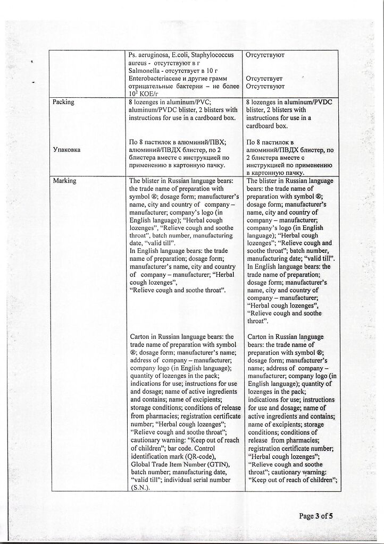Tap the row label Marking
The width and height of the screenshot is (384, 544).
click(64, 181)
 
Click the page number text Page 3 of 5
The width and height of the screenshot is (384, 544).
click(319, 516)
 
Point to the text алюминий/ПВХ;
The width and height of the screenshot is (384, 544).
click(201, 142)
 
